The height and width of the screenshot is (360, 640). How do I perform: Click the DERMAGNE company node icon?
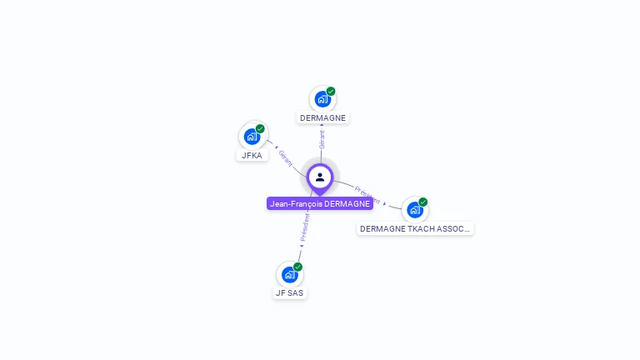click(322, 99)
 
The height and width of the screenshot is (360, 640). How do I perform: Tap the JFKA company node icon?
click(252, 137)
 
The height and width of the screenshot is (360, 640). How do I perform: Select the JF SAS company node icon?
click(289, 274)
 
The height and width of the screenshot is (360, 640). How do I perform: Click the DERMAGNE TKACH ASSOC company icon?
click(414, 209)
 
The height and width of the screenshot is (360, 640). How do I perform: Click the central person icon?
click(320, 177)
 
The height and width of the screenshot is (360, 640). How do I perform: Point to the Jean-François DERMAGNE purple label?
click(320, 203)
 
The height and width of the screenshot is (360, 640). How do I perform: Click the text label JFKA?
click(252, 155)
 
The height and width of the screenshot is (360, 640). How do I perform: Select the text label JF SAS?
click(290, 292)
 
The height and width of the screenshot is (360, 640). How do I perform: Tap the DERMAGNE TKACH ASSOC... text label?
click(415, 228)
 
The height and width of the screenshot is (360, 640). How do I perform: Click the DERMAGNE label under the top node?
click(322, 117)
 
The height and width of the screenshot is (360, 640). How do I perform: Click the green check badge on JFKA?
click(260, 129)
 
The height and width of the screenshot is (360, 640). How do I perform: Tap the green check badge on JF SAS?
click(297, 267)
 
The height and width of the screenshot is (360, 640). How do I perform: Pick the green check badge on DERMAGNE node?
click(331, 92)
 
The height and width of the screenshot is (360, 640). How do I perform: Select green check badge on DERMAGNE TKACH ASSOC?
click(422, 202)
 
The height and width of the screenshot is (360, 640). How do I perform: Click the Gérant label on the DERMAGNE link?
click(322, 139)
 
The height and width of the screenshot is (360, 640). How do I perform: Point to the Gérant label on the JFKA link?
click(286, 157)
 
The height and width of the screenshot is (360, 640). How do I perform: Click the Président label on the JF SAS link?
click(305, 227)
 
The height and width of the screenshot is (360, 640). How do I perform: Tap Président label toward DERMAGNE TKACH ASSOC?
click(367, 195)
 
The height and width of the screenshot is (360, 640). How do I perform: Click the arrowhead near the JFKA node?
click(276, 147)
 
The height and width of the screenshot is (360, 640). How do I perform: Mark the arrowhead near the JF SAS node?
click(301, 246)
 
